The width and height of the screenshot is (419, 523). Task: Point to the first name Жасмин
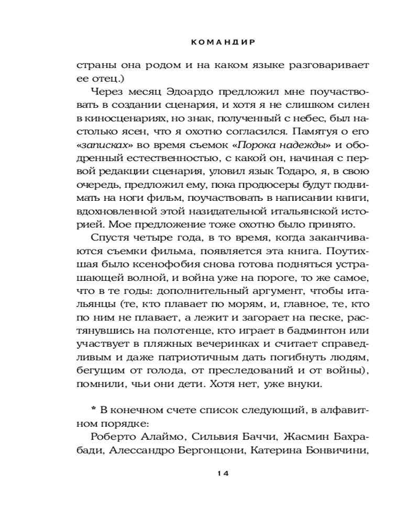coord(302,438)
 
